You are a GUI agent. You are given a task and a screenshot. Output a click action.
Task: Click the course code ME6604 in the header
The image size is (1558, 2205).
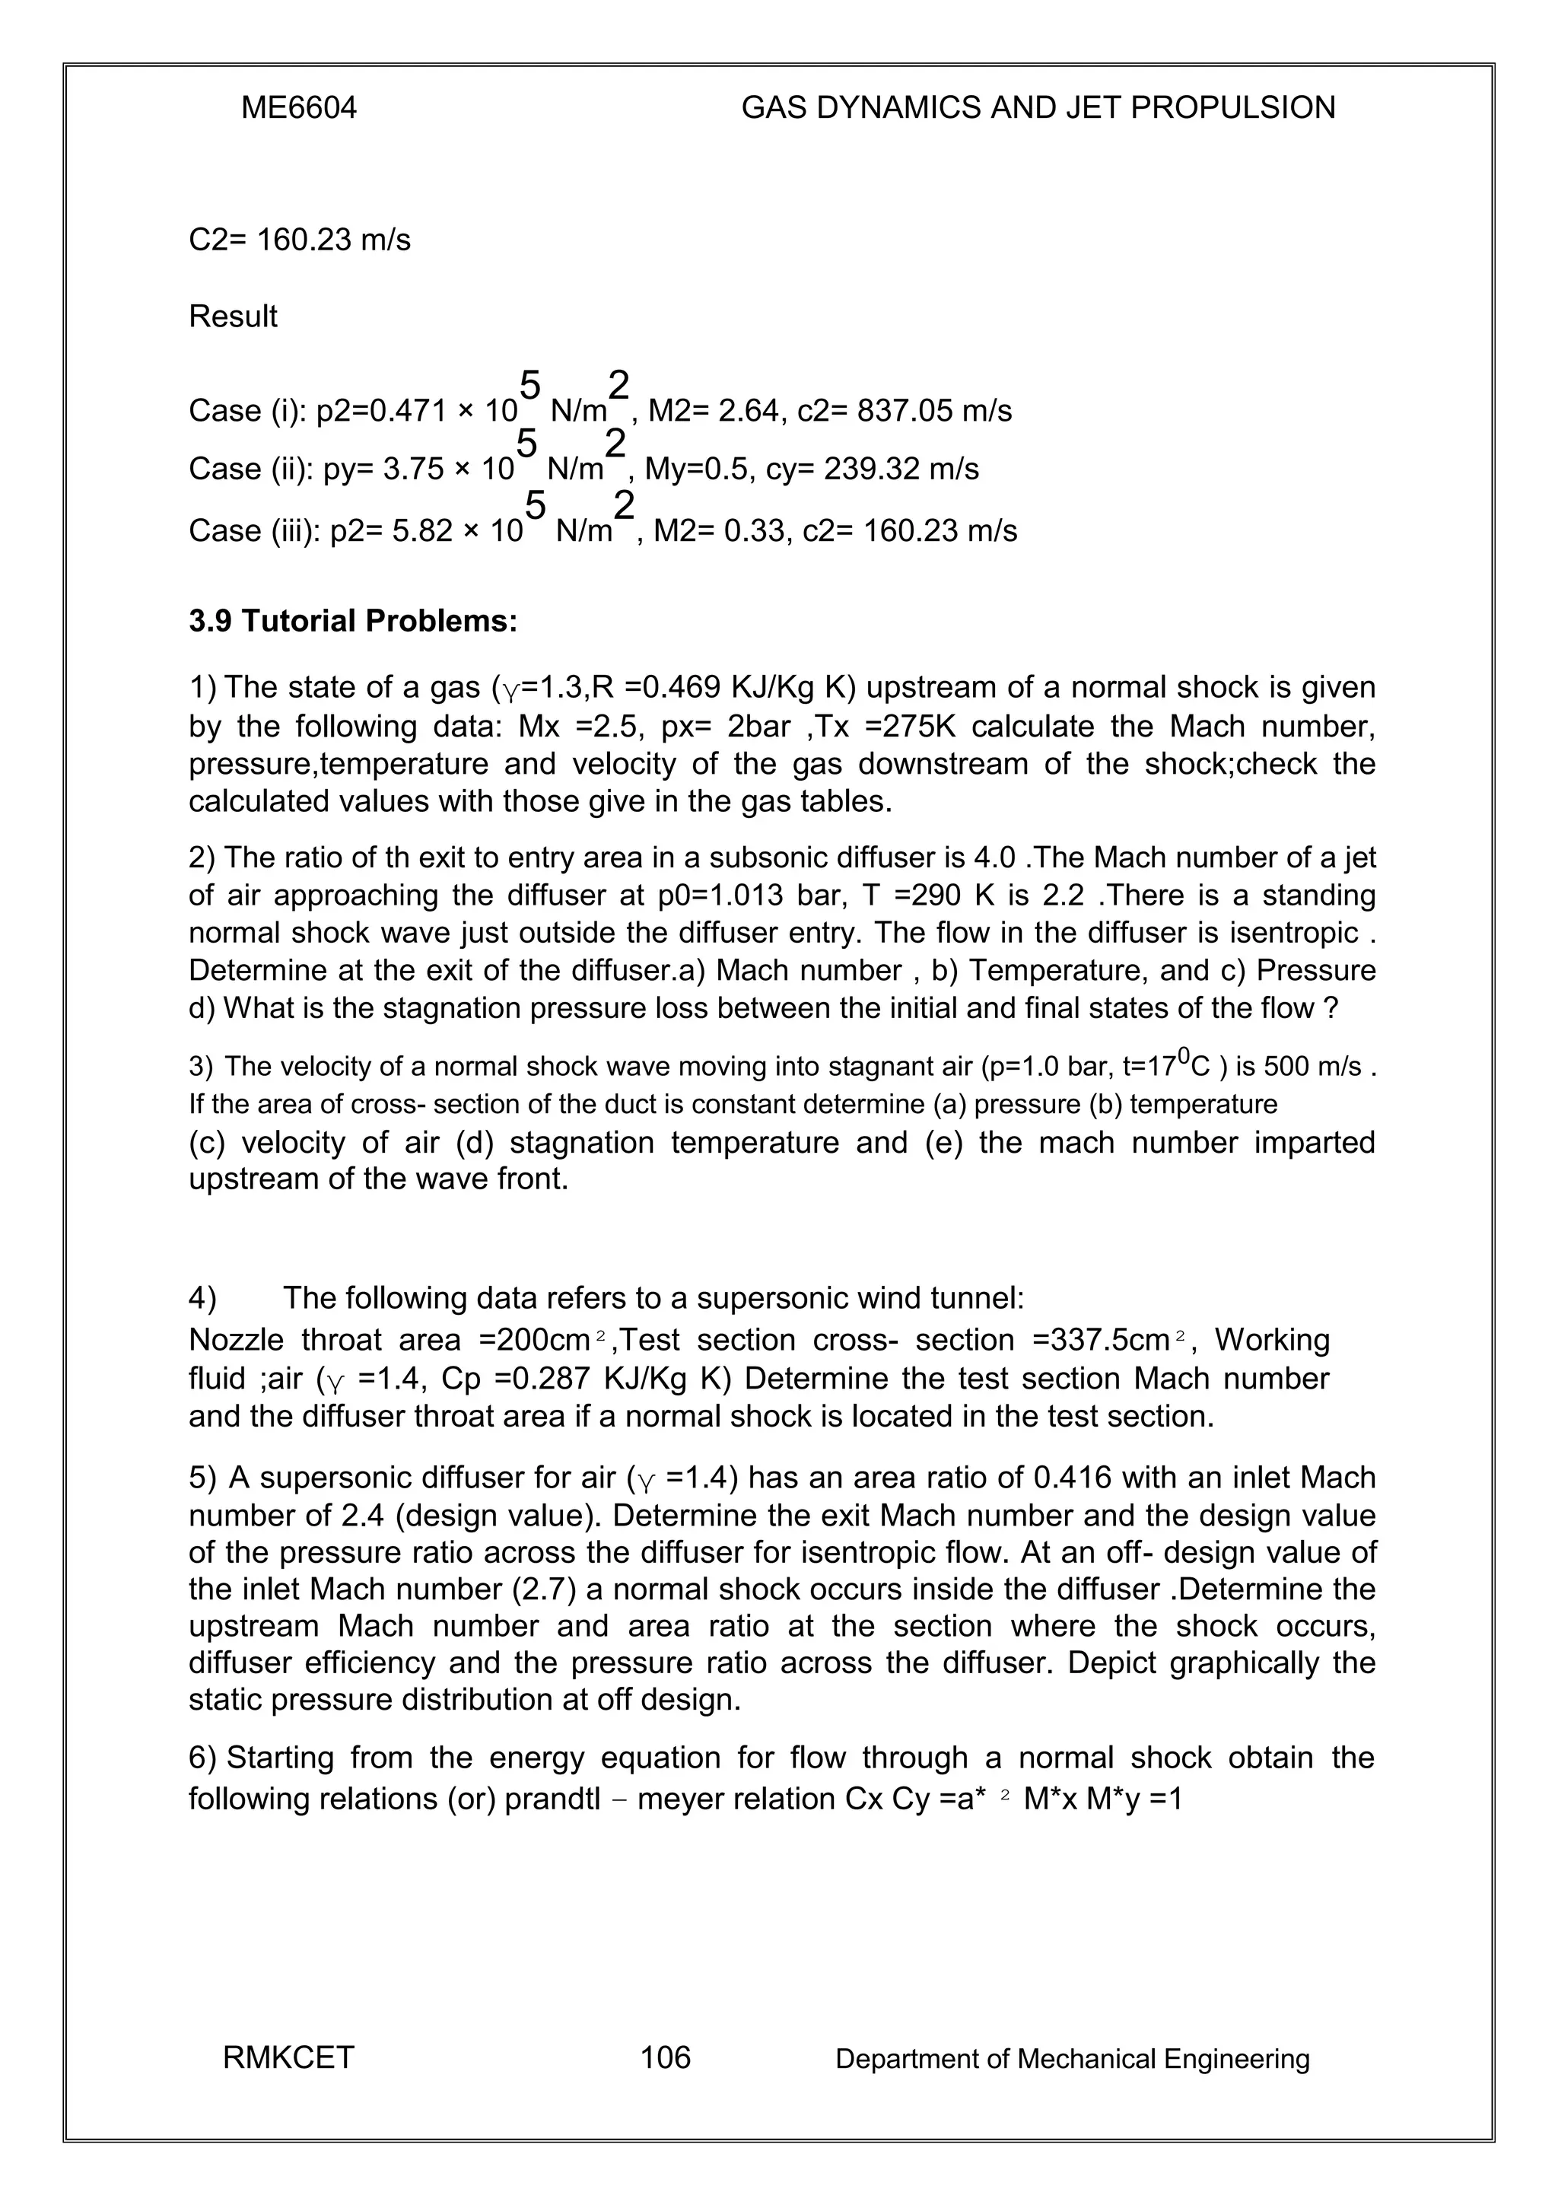point(298,107)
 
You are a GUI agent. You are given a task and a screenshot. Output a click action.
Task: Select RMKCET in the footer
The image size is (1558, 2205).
point(288,2057)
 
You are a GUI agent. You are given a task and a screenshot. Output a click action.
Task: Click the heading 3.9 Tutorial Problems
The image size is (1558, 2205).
point(353,622)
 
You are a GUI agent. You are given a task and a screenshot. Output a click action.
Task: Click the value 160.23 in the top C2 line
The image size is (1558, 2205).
point(304,239)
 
